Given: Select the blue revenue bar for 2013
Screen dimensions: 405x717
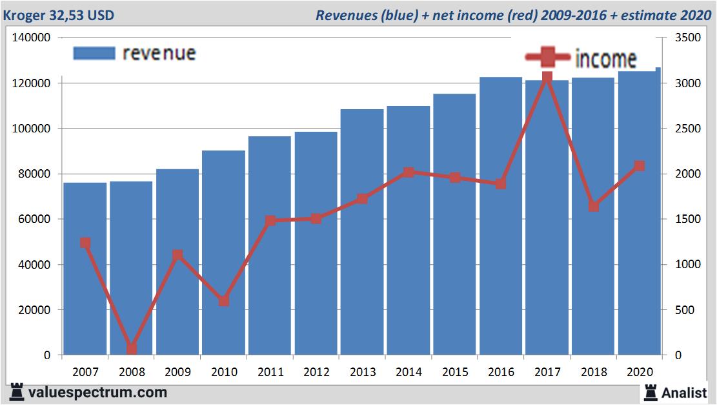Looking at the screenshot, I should tap(362, 233).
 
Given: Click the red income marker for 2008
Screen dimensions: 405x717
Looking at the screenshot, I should tap(132, 349).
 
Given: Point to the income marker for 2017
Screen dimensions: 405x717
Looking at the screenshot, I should tap(547, 78).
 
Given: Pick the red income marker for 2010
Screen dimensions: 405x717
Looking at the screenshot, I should tap(224, 301).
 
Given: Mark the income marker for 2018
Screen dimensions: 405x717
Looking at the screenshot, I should tap(593, 207).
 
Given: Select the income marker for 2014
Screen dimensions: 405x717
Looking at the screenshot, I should tap(409, 172).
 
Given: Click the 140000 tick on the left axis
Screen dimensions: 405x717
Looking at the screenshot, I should tap(32, 38).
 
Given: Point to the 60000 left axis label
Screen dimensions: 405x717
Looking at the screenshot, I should tap(34, 220).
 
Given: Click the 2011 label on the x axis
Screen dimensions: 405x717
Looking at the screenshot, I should tap(270, 372).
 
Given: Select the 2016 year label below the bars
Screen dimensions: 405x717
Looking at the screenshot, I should tap(501, 372).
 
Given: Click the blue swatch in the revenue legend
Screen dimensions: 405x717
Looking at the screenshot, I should tap(94, 53).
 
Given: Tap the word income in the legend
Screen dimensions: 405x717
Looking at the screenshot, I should tap(605, 59).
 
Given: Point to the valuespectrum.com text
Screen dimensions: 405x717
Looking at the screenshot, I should tap(98, 392).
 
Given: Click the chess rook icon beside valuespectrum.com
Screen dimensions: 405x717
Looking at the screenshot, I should tap(17, 392).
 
